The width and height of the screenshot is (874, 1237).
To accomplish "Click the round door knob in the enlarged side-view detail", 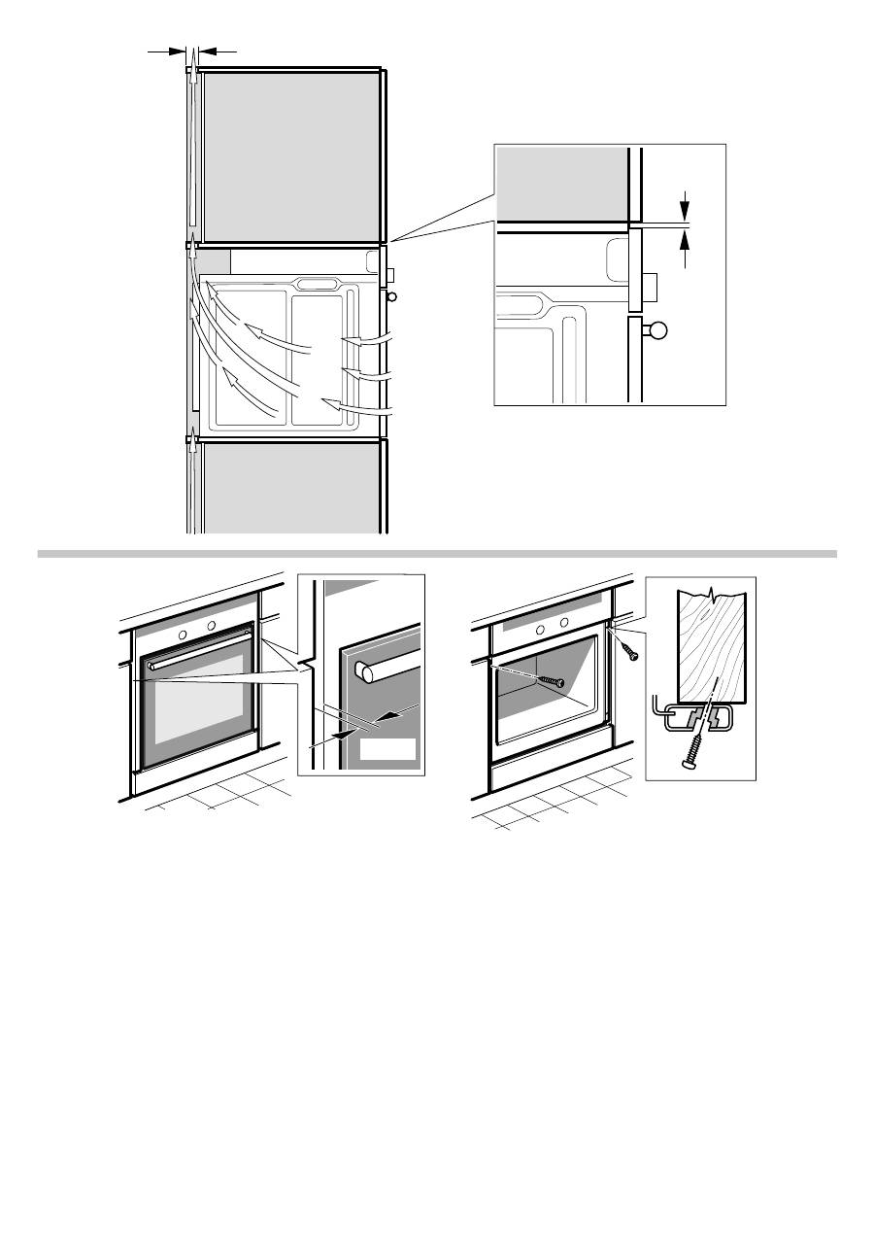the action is click(659, 330).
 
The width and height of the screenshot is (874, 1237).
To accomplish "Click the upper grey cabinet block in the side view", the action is click(289, 155).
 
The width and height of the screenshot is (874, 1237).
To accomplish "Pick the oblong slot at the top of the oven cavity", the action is click(320, 284).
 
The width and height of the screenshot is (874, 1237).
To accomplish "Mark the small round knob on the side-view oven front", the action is click(390, 297).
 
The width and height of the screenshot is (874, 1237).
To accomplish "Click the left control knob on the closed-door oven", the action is click(182, 633).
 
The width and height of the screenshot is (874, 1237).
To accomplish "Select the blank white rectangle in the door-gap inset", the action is click(387, 749).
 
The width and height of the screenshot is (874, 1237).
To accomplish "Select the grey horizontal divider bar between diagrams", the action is click(437, 554).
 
